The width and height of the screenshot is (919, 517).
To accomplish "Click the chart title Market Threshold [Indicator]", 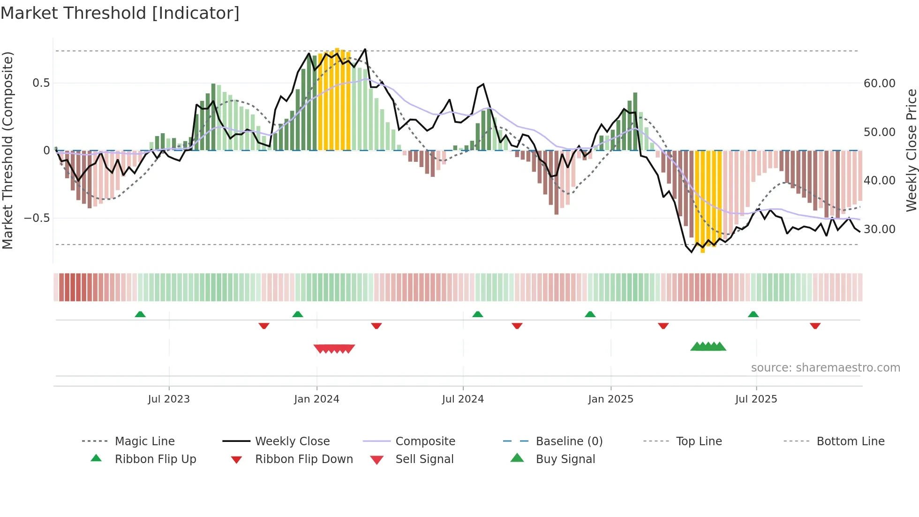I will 120,13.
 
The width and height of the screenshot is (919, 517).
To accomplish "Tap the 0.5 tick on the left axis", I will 41,83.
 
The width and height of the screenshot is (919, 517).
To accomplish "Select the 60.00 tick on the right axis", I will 880,84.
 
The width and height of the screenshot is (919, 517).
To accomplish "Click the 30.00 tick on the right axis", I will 880,229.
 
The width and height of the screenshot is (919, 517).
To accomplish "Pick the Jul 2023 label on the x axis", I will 169,399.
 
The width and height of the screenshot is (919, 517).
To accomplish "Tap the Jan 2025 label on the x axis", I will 610,399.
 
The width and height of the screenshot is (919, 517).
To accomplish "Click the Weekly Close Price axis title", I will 911,150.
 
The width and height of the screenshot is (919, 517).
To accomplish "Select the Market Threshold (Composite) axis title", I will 8,150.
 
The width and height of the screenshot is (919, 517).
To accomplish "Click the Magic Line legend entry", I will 144,441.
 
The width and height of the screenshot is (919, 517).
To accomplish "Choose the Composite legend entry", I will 425,441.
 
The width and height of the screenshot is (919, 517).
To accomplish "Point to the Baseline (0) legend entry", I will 569,441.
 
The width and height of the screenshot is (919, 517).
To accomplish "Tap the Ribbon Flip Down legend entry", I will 304,459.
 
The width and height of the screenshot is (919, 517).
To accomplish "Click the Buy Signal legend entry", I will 565,459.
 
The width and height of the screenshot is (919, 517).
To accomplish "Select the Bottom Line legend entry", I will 850,441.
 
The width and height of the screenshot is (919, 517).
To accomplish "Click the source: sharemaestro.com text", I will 825,368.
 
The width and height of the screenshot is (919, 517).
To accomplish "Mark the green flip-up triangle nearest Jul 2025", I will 753,314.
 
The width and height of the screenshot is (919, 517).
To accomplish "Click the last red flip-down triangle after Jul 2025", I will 815,326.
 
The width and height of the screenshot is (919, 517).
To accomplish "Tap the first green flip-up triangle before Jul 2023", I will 140,314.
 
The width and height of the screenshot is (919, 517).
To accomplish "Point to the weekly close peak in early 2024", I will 365,49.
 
